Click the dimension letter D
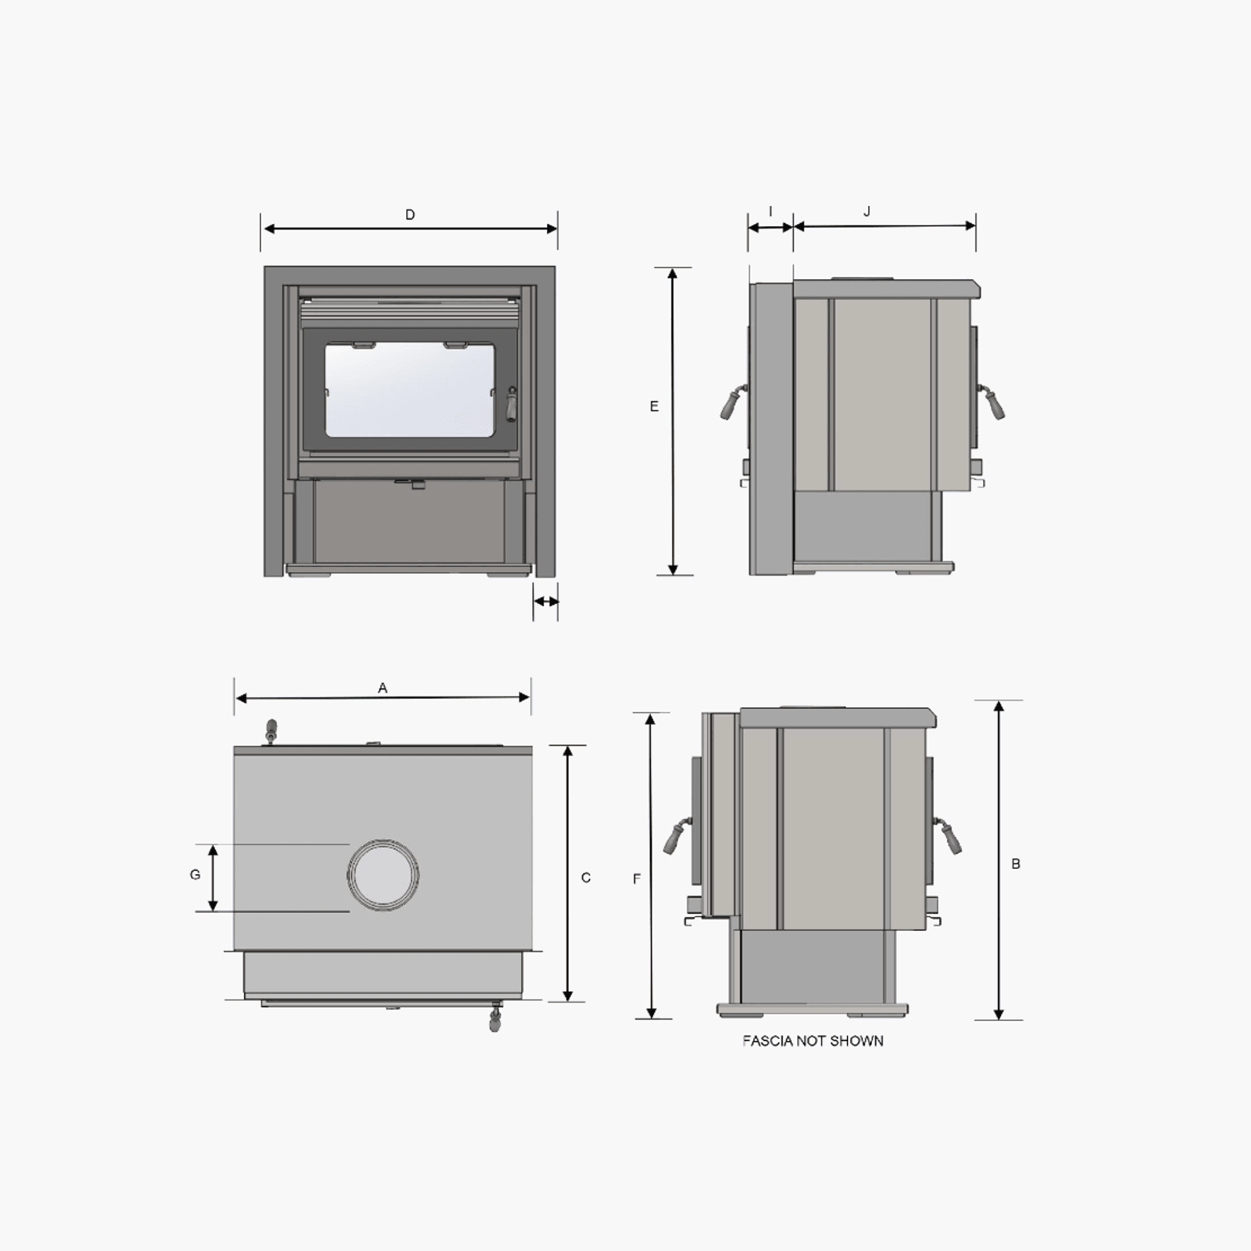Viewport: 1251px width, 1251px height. [410, 215]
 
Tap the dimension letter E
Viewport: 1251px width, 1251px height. [655, 407]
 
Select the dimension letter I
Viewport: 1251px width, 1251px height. [770, 212]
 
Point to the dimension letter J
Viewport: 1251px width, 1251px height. [867, 212]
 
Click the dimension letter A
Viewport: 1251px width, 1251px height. [383, 688]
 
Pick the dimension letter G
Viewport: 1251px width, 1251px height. [195, 875]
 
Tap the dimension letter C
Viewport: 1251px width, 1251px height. [586, 878]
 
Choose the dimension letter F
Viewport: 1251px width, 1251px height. [637, 879]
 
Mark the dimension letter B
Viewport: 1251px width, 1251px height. [1016, 864]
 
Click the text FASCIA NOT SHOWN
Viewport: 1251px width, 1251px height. [813, 1041]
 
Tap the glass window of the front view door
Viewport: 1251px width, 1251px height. [410, 390]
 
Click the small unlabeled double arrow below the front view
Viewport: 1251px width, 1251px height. [546, 601]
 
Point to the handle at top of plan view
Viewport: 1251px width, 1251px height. [272, 729]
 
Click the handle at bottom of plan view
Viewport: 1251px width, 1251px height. [494, 1019]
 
